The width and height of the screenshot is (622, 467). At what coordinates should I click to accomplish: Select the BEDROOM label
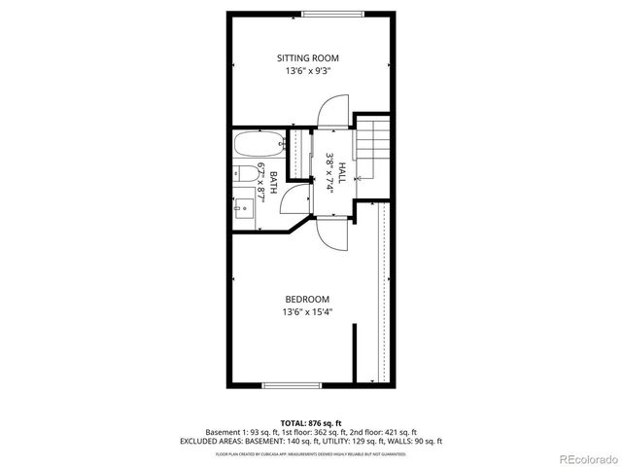click(306, 299)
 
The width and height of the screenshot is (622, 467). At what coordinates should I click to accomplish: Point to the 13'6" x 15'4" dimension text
click(306, 311)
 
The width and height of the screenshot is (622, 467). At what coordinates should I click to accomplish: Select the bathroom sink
click(248, 205)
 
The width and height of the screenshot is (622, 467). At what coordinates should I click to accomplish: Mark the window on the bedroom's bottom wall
click(293, 385)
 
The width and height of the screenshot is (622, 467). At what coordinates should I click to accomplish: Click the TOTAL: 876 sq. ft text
click(310, 422)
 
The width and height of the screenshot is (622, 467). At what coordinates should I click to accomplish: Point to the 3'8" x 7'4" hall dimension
click(330, 173)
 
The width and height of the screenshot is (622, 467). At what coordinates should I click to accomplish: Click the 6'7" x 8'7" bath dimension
click(262, 183)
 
